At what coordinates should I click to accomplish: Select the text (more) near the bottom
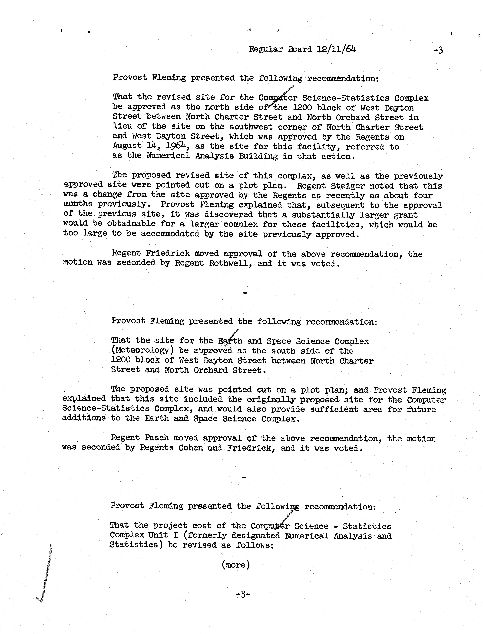pos(236,565)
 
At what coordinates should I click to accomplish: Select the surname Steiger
pos(348,186)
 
